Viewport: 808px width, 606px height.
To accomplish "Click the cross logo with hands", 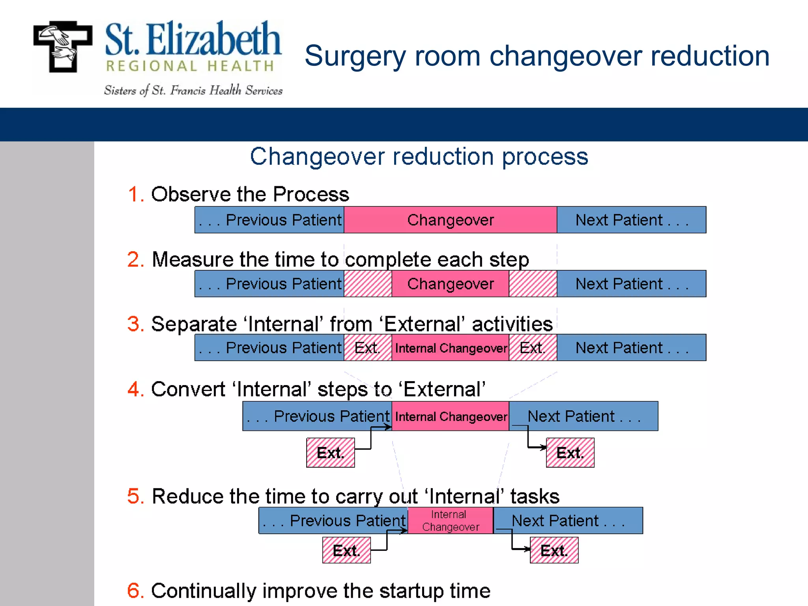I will tap(63, 47).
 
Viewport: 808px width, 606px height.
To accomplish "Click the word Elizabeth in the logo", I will tap(213, 39).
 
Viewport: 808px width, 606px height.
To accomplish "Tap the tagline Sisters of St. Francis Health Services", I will tap(193, 91).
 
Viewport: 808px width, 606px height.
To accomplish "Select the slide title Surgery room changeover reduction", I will tap(537, 56).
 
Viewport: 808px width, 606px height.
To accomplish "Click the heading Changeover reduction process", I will tap(419, 157).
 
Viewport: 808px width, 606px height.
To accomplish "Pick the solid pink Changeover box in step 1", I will tap(450, 220).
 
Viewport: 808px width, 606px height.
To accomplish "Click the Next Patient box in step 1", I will tap(631, 220).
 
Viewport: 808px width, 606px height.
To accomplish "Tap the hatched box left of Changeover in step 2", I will tap(368, 284).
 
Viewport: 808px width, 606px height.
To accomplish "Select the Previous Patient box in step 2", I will tap(269, 284).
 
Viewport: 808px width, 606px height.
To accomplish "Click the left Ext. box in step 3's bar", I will tap(368, 348).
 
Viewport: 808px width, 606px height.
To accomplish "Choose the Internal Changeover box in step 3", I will tap(450, 348).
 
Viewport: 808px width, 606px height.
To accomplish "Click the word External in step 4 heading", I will tap(443, 389).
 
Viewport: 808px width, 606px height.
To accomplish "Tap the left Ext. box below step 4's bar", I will tap(331, 453).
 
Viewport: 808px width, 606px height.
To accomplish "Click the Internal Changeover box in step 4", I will tap(450, 416).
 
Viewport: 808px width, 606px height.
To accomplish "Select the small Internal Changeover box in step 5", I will tap(450, 520).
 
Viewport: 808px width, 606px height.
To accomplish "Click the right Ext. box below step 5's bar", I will tap(554, 550).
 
